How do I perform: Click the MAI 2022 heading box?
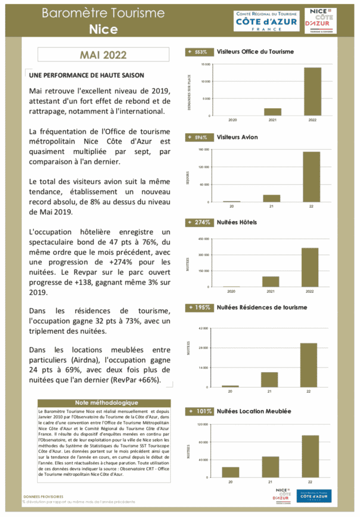[x=103, y=55]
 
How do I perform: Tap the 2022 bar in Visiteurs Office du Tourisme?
[x=312, y=92]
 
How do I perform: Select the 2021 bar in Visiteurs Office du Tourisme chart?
[x=273, y=112]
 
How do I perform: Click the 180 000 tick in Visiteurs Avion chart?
[x=203, y=149]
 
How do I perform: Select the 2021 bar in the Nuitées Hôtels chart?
[x=270, y=282]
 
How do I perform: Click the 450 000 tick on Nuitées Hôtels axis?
[x=203, y=239]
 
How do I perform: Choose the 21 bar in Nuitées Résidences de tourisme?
[x=269, y=380]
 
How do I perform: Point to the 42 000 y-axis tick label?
[x=203, y=328]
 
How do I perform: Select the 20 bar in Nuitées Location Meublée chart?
[x=230, y=472]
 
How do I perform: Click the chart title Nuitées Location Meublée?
[x=254, y=411]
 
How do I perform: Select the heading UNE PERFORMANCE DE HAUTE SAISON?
[x=87, y=75]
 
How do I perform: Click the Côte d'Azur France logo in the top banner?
[x=266, y=21]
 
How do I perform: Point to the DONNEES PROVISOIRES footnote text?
[x=43, y=496]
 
